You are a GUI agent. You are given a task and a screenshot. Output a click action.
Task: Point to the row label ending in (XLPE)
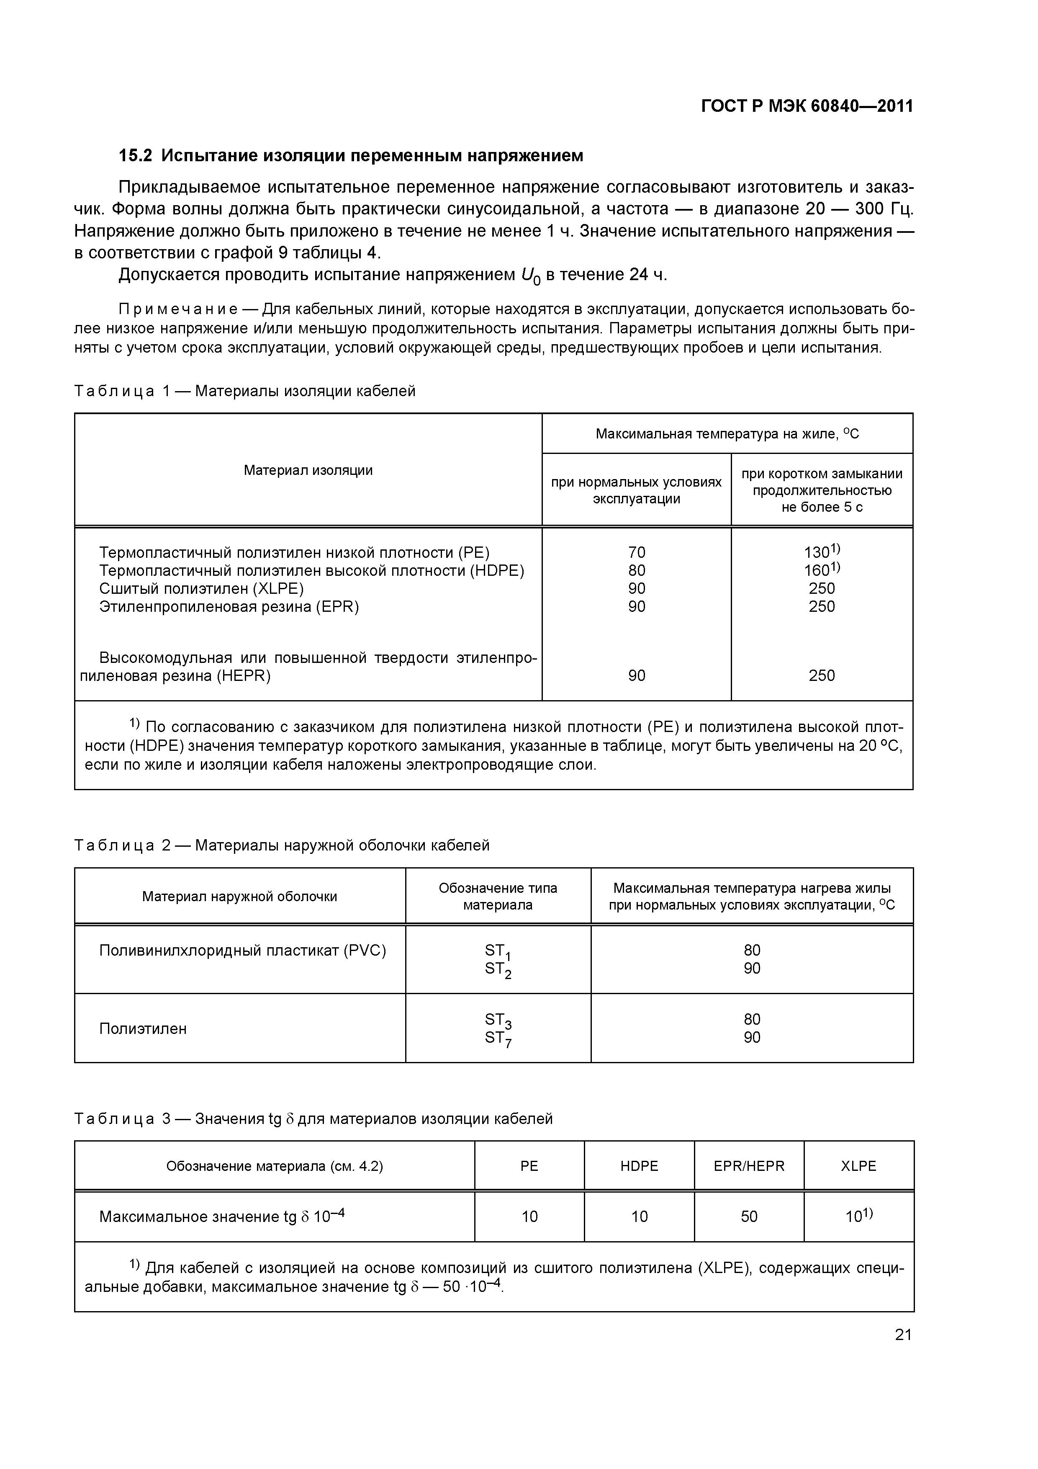201,588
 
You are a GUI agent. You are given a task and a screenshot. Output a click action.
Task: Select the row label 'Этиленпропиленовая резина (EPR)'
229,606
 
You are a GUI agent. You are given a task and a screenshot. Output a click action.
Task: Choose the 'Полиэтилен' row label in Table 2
143,1029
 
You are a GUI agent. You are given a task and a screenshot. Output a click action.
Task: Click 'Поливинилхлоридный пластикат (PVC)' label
242,951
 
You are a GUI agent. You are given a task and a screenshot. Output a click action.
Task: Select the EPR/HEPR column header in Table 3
748,1166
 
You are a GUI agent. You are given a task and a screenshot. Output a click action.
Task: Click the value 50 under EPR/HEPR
748,1216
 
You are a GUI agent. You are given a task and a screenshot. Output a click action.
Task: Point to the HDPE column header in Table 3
639,1166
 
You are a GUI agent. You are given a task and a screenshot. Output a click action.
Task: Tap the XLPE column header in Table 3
858,1166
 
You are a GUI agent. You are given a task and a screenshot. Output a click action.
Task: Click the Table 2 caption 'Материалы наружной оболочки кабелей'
342,845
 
